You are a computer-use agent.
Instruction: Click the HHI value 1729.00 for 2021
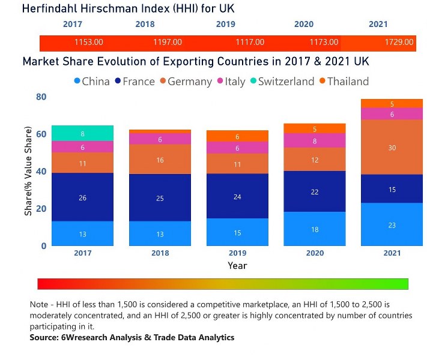coord(399,42)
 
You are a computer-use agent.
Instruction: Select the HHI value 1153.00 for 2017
coord(89,42)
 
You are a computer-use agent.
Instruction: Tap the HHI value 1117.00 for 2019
coord(249,42)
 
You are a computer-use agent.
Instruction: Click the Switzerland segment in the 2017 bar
coord(83,133)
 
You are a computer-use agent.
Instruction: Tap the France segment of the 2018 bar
coord(160,198)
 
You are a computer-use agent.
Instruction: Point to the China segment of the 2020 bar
coord(314,229)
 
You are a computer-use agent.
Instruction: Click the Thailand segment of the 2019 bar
coord(237,136)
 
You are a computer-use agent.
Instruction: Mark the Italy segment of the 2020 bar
coord(314,141)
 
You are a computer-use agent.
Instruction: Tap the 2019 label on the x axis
coord(237,253)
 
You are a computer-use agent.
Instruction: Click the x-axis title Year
coord(237,265)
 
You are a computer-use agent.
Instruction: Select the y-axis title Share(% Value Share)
coord(28,171)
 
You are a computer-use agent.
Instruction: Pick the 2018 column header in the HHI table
coord(145,24)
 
